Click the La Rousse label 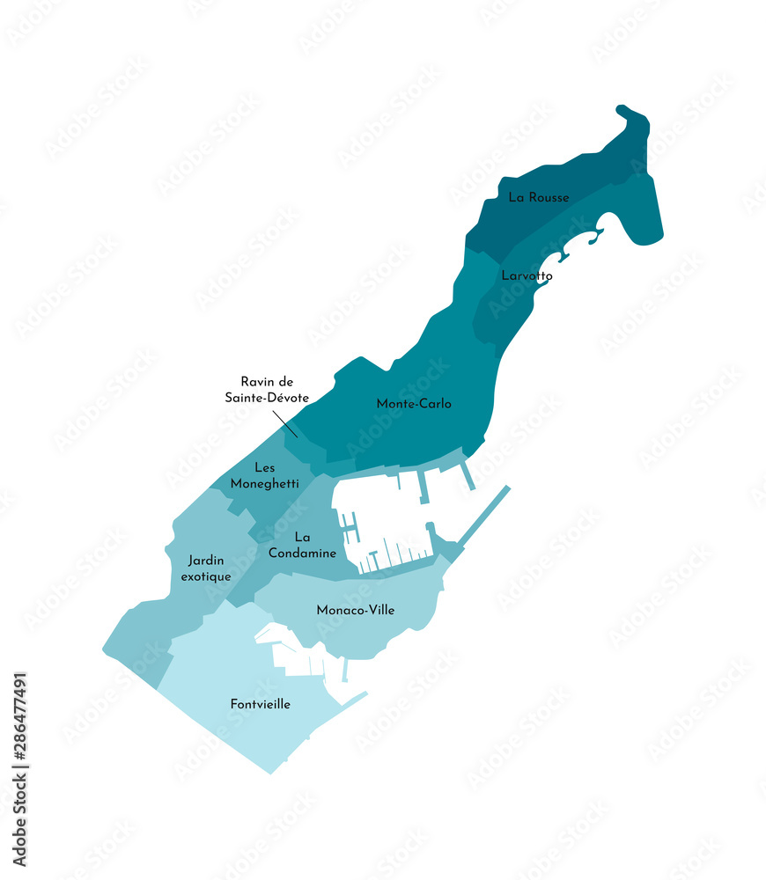(539, 198)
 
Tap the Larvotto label (527, 275)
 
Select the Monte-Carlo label (414, 404)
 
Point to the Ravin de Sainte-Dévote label (266, 390)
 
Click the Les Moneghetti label (265, 475)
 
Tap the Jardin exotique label (205, 568)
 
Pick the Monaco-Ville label (356, 610)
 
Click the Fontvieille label (261, 704)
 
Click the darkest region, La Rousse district (563, 176)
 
